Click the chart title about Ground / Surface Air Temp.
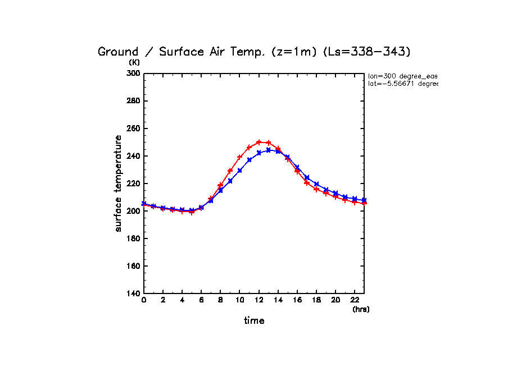point(254,52)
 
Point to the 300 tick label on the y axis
point(133,74)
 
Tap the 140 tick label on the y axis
point(133,293)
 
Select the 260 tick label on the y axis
point(133,129)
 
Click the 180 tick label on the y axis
point(133,238)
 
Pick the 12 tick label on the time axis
point(258,300)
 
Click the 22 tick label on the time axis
point(355,300)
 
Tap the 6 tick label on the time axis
point(201,300)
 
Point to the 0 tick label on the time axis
point(144,300)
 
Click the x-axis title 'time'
point(254,320)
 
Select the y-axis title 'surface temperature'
point(119,183)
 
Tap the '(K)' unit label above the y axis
point(134,62)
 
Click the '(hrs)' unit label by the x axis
point(361,309)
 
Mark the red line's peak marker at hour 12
point(259,142)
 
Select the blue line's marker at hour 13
point(269,150)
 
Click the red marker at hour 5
point(192,212)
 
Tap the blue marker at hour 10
point(240,170)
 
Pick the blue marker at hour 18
point(316,184)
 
